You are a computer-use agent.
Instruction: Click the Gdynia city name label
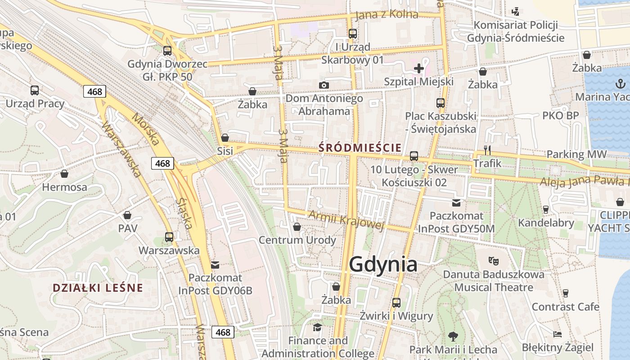[383, 264]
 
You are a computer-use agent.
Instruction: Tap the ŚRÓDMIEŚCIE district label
[360, 147]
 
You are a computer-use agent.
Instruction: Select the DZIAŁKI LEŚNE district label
[98, 288]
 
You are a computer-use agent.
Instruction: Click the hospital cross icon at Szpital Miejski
[419, 68]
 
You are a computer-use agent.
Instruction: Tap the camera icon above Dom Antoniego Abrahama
[324, 85]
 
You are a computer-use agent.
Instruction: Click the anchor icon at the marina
[621, 84]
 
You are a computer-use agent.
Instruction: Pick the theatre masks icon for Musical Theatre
[494, 261]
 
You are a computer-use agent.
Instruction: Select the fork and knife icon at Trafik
[487, 150]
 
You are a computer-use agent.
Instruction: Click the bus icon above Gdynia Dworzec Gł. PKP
[167, 51]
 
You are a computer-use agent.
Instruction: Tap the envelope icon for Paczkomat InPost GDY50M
[456, 203]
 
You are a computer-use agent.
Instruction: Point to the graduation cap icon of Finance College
[318, 327]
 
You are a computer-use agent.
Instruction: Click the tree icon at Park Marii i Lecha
[453, 336]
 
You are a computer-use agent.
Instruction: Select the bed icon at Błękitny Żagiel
[558, 334]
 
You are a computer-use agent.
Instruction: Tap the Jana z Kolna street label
[387, 15]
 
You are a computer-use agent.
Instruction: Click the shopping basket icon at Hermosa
[64, 174]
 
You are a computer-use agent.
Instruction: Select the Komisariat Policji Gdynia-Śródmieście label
[512, 31]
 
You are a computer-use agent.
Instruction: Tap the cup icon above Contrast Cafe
[566, 293]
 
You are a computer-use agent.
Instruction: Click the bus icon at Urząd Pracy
[35, 90]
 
